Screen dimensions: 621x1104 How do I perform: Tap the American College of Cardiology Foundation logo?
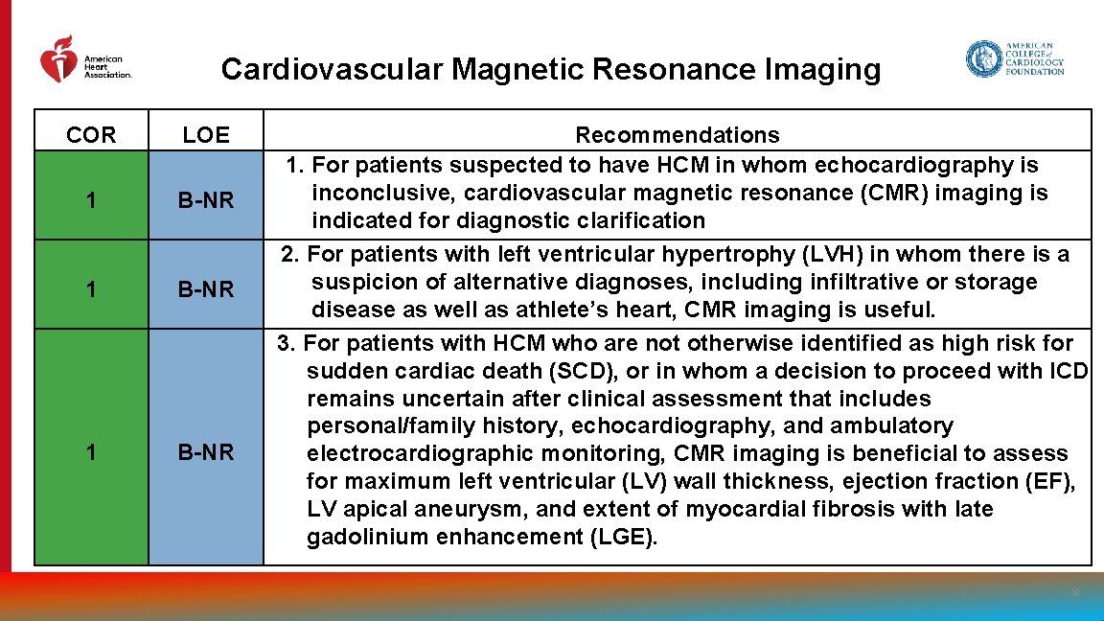tap(1015, 59)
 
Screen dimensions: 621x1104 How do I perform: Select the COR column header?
tap(91, 135)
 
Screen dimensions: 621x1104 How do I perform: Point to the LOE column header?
tap(206, 135)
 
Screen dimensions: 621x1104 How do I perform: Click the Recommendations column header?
tap(677, 135)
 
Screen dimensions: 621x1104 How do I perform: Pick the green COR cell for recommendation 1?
tap(91, 199)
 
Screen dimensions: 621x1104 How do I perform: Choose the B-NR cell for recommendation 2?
tap(206, 288)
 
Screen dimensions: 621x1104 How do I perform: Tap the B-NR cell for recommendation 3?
tap(206, 451)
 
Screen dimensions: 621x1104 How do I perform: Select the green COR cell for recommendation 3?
tap(91, 451)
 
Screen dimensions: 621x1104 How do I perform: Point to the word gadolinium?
tap(367, 537)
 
